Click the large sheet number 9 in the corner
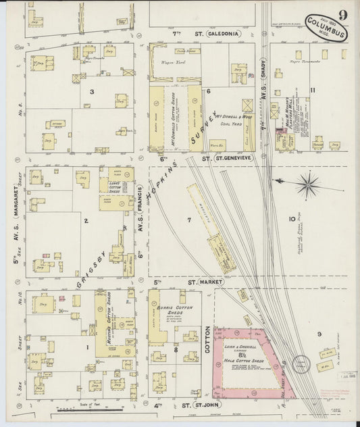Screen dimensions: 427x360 click(x=344, y=14)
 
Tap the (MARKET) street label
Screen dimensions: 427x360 click(x=210, y=282)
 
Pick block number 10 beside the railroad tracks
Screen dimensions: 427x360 click(x=292, y=218)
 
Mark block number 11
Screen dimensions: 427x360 click(x=312, y=90)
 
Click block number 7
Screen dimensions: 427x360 click(x=190, y=220)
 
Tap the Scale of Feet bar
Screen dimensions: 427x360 click(x=86, y=409)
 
